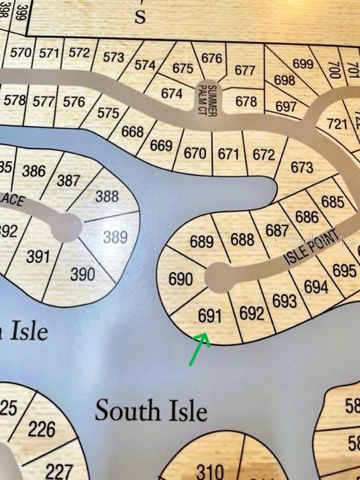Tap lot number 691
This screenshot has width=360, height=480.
pos(209,316)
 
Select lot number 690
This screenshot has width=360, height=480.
pos(181,279)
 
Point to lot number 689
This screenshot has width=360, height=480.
pos(201,242)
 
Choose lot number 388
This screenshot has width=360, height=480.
pos(107,196)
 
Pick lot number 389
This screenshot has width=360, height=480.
pos(115,237)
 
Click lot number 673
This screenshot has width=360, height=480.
pos(301,166)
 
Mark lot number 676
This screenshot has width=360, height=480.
pos(212,58)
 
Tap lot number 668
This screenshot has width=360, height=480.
pos(132,132)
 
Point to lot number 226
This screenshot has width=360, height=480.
pos(41,429)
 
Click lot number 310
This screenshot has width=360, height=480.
pos(209,471)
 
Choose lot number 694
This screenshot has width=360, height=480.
pos(316,286)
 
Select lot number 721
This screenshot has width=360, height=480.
pos(337,124)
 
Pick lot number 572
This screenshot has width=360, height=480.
pos(79,53)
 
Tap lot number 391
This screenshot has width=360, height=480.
pos(37,256)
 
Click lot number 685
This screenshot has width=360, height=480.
pos(332,202)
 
